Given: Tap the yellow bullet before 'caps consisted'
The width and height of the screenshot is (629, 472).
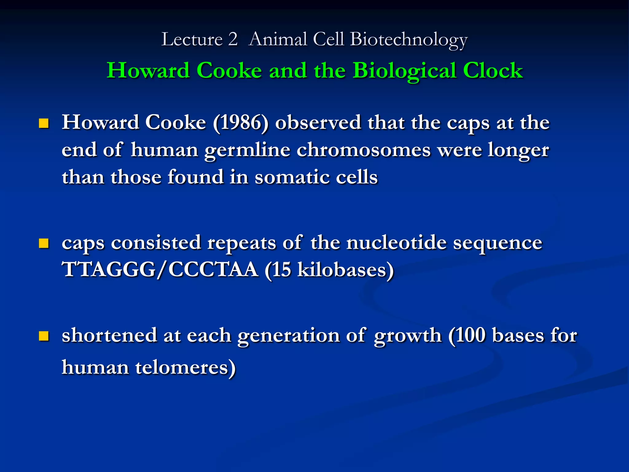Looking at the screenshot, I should (x=44, y=243).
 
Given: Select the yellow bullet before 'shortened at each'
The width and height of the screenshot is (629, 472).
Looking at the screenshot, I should (x=44, y=336).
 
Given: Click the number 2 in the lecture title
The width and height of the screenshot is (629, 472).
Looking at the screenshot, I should (x=233, y=39).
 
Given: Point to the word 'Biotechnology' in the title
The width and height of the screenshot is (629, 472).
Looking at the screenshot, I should (x=408, y=40).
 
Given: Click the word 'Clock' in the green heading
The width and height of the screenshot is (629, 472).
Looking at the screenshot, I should (x=493, y=70).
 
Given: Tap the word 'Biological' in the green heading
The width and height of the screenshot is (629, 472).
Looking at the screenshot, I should (x=404, y=71).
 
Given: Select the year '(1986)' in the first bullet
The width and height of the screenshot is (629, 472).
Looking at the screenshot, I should (x=240, y=123).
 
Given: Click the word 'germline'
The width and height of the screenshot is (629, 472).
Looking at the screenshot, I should (x=247, y=151).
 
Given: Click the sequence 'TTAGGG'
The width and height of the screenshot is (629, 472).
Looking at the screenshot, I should (x=109, y=269).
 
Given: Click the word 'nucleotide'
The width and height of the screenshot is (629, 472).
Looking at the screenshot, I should (x=397, y=243).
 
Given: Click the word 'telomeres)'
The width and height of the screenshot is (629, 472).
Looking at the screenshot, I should (x=186, y=367).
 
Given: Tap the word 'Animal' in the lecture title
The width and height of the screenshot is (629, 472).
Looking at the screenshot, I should (x=278, y=39).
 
